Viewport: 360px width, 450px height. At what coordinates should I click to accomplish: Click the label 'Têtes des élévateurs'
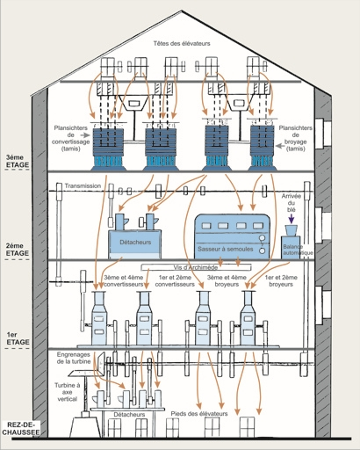point(182,43)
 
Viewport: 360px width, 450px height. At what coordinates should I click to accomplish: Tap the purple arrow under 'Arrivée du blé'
point(292,219)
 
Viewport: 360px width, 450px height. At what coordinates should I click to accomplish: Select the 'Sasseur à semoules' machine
point(232,236)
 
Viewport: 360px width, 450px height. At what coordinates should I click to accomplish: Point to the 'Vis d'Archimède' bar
point(196,267)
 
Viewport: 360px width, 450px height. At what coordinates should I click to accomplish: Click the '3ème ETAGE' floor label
point(18,162)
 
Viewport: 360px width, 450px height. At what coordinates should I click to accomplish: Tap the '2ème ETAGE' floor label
point(18,250)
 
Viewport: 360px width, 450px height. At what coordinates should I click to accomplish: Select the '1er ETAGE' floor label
point(18,338)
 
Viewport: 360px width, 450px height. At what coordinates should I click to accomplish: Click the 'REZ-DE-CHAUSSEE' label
point(20,428)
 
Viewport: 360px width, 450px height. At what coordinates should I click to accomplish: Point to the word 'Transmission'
point(83,185)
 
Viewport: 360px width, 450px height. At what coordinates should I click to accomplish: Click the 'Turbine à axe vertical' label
point(68,392)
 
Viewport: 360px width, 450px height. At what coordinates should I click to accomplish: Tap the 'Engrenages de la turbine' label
point(74,358)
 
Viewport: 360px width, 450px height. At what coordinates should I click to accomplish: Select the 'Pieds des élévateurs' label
point(199,414)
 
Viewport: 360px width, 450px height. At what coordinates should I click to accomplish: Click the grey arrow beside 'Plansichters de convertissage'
point(85,135)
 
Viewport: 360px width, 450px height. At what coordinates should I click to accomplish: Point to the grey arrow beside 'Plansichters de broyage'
point(281,146)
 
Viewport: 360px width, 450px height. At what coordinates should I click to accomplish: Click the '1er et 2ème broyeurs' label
point(281,280)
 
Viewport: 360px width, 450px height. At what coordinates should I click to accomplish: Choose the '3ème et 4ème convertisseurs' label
point(124,280)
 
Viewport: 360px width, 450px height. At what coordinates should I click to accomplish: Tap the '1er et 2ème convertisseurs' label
point(175,280)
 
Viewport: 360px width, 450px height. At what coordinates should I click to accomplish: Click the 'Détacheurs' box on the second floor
point(135,244)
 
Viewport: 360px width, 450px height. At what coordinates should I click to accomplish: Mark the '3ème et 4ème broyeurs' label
point(227,280)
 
